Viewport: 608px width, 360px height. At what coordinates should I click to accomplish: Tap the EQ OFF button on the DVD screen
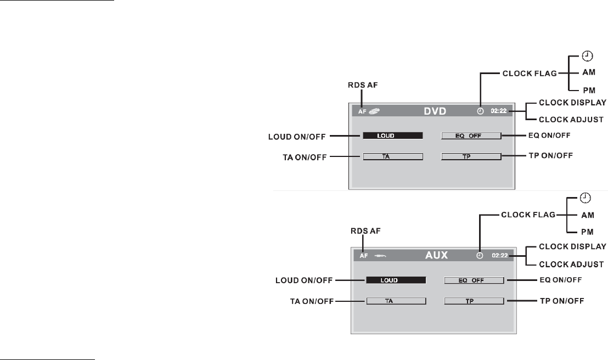[x=471, y=135]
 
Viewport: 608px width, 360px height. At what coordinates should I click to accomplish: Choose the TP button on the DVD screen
[x=471, y=156]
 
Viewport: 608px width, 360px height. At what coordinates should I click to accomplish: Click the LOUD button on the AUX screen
[x=396, y=280]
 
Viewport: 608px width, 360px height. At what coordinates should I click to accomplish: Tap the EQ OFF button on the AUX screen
[x=474, y=280]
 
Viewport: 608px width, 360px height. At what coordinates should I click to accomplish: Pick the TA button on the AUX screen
[x=396, y=301]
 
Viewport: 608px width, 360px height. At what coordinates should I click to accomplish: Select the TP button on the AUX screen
[x=474, y=301]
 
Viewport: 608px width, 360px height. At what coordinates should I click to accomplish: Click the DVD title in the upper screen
[x=436, y=111]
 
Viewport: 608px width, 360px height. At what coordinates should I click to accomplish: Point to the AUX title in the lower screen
[x=437, y=255]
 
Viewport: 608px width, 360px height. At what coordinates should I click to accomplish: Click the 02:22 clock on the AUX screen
[x=500, y=255]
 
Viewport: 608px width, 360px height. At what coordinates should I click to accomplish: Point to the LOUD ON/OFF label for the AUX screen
[x=301, y=280]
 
